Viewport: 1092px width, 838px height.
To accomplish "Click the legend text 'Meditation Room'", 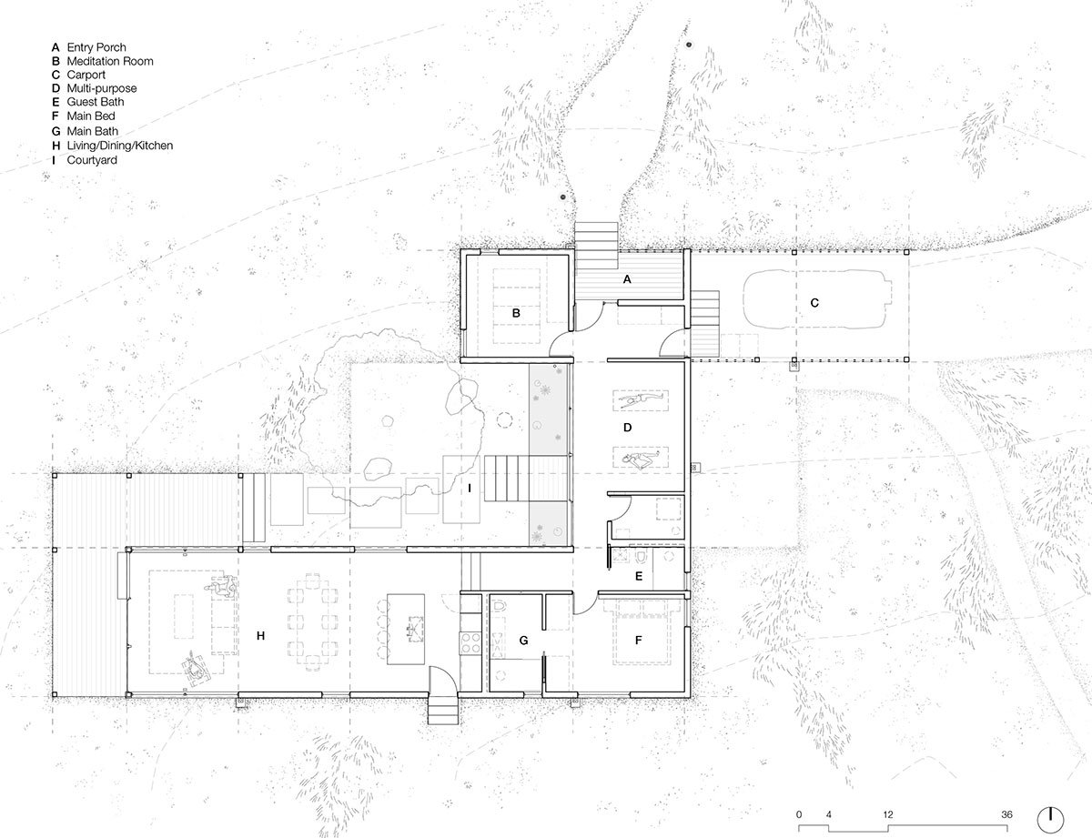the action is click(x=109, y=61).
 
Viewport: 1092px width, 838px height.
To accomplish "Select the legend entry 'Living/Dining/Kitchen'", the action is click(x=119, y=146).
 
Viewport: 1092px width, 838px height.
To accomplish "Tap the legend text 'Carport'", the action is click(x=86, y=75).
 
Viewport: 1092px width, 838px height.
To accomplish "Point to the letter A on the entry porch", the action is click(x=627, y=279).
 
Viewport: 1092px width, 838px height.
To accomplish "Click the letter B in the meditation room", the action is click(x=516, y=313).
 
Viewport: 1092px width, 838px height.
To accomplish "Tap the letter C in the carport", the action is click(x=814, y=303).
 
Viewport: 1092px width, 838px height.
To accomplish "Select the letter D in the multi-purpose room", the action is click(x=627, y=428).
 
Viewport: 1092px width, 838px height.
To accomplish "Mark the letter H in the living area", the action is click(x=260, y=636).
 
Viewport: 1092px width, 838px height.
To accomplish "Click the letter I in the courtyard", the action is click(x=470, y=488).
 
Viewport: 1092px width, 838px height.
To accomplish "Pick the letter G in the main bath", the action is click(x=523, y=641).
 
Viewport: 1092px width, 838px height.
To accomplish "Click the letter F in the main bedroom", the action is click(x=638, y=640).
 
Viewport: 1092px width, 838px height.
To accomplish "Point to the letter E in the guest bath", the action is click(x=639, y=576).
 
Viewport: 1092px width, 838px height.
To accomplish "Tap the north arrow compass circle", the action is click(x=1050, y=821).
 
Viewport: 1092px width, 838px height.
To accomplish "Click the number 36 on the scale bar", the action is click(x=1006, y=814).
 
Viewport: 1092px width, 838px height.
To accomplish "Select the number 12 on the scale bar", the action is click(x=887, y=814).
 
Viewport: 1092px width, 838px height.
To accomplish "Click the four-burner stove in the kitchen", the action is click(x=470, y=643).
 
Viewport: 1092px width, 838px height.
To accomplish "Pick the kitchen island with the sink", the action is click(x=406, y=629).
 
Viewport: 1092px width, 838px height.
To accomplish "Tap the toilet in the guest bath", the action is click(x=641, y=557).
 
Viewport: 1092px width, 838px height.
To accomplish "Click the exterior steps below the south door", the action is click(x=443, y=711).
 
